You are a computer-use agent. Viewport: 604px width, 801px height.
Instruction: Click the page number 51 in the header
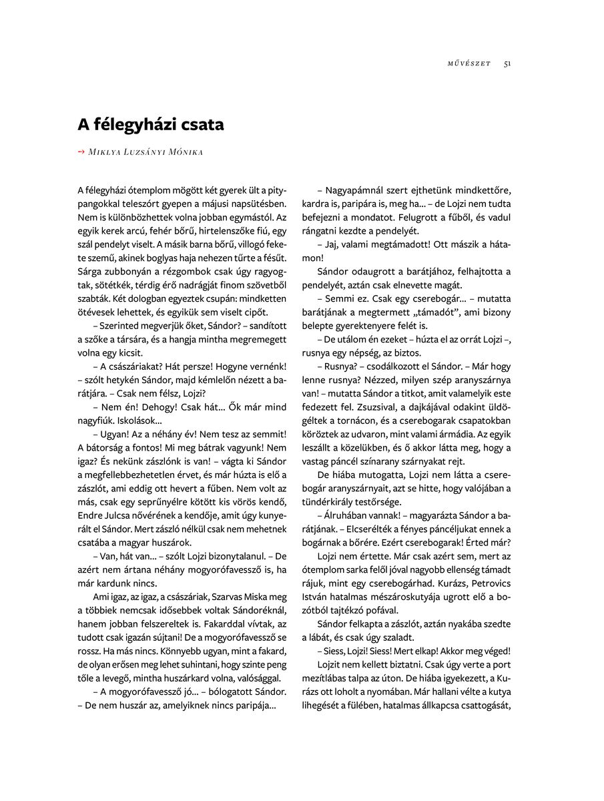point(507,63)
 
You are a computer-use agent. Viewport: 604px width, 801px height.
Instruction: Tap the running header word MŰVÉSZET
point(469,63)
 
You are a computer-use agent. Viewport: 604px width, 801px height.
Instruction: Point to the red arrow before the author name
point(81,152)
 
